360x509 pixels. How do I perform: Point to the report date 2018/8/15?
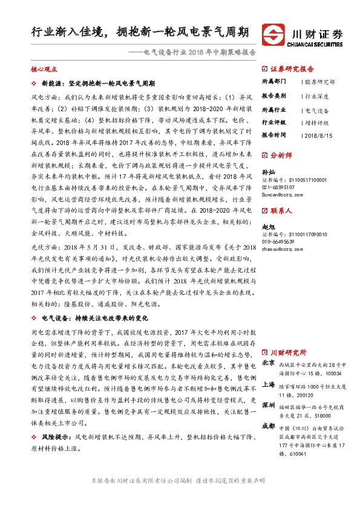pyautogui.click(x=319, y=135)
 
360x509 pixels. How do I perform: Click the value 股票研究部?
pyautogui.click(x=320, y=81)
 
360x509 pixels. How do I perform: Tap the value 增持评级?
pyautogui.click(x=317, y=122)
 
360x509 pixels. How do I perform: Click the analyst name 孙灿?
pyautogui.click(x=267, y=172)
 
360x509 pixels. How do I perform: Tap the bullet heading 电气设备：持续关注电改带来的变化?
pyautogui.click(x=90, y=317)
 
